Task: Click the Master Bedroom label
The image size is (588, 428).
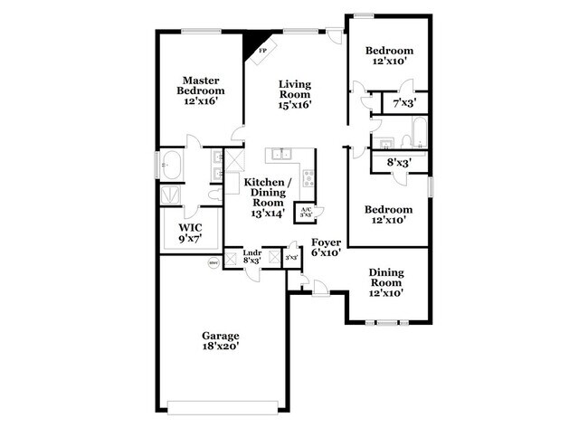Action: (200, 91)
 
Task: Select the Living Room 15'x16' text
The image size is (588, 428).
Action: (294, 93)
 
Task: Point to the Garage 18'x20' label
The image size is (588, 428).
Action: (221, 341)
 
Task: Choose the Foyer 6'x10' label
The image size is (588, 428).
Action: (325, 248)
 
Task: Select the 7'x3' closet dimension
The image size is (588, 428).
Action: (403, 104)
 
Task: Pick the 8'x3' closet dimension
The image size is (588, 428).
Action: (399, 164)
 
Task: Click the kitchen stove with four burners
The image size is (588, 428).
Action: (308, 179)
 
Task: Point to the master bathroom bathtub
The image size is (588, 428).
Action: (171, 167)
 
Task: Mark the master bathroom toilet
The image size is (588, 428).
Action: (212, 194)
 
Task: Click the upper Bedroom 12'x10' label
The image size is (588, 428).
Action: (388, 56)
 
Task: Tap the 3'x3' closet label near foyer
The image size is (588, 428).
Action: (291, 258)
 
